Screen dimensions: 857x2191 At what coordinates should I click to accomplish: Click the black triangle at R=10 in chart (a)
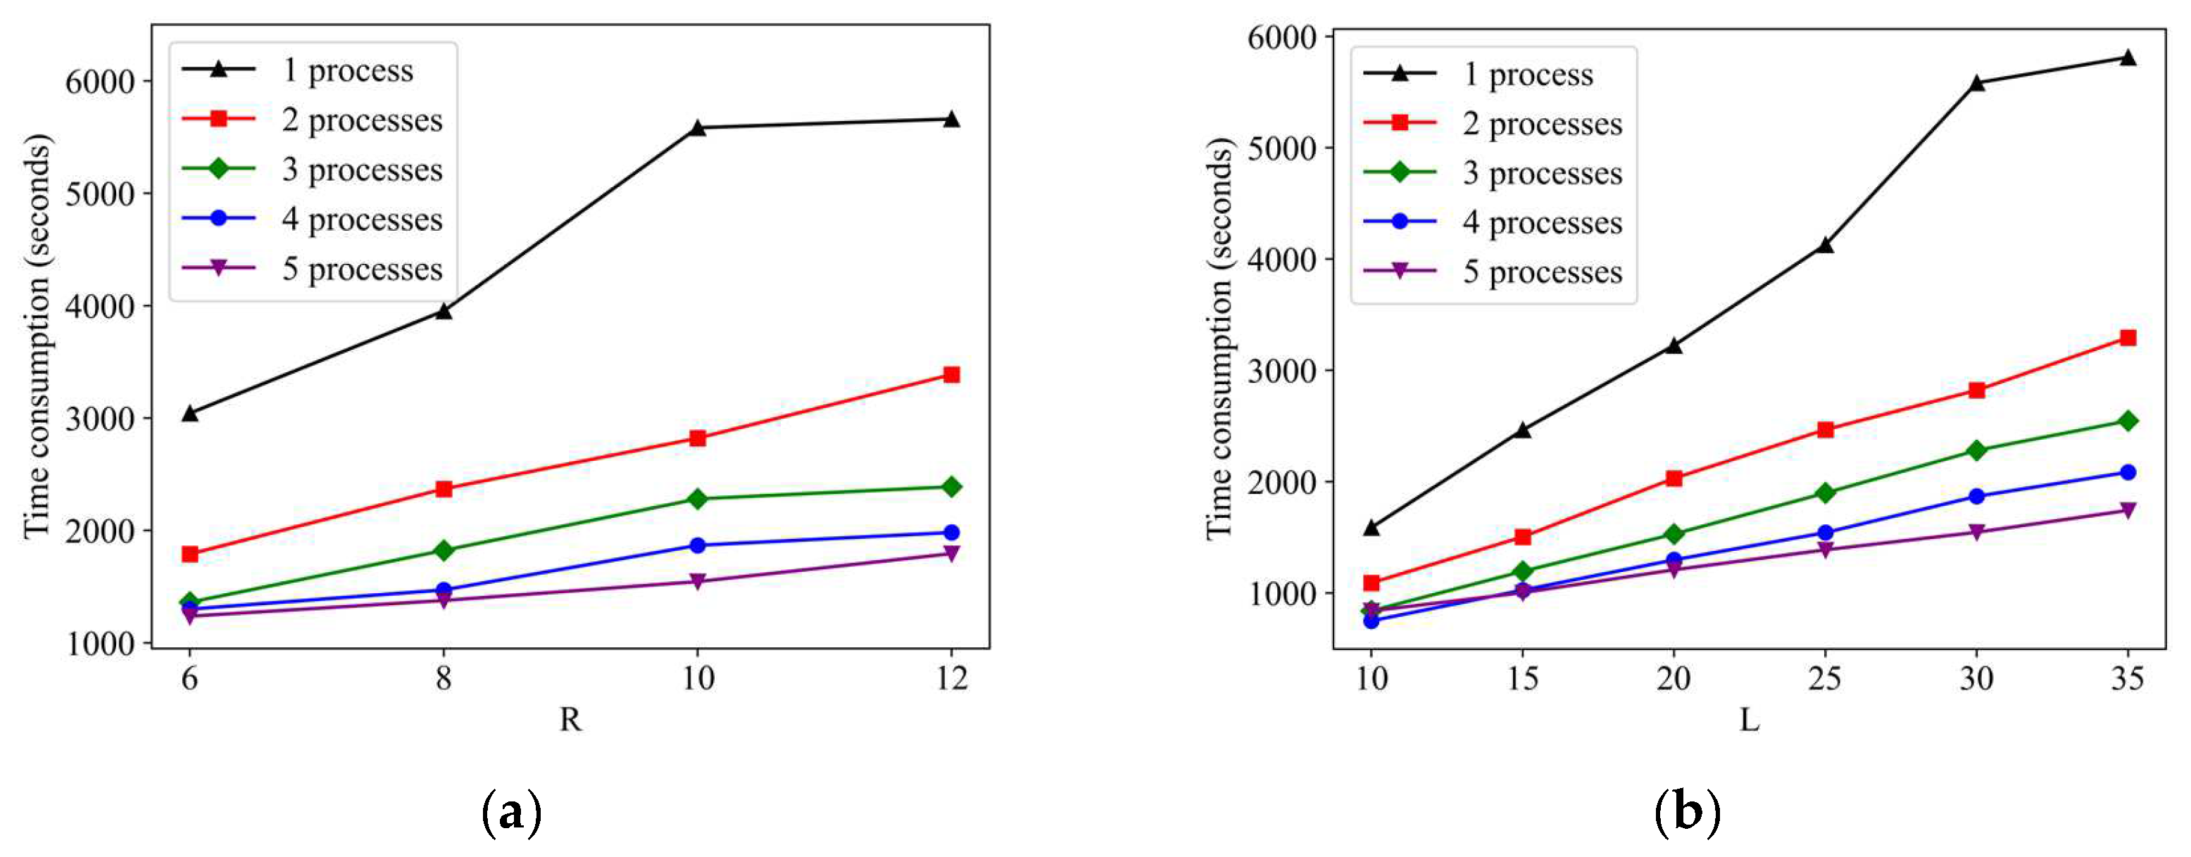click(698, 127)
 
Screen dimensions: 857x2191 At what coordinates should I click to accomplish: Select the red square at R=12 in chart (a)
click(951, 375)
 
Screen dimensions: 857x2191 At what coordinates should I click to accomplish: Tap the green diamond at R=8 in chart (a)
click(443, 550)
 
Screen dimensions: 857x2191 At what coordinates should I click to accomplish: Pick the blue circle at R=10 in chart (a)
click(698, 545)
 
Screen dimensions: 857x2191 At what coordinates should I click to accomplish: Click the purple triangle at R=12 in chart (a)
click(951, 554)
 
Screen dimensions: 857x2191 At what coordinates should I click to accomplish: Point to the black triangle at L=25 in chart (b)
click(1824, 246)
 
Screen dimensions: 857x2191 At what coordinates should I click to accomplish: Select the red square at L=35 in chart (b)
click(2127, 338)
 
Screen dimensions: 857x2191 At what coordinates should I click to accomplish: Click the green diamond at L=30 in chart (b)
click(1976, 450)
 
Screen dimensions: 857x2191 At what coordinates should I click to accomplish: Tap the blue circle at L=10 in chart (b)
click(1371, 621)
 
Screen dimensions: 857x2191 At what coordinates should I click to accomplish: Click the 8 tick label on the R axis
click(443, 678)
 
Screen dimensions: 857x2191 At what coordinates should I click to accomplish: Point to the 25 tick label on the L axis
click(1824, 678)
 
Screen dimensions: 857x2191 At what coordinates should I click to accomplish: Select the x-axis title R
click(570, 720)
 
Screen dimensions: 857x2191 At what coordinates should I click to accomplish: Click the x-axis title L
click(1749, 720)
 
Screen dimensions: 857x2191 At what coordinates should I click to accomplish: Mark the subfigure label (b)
click(1688, 813)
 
